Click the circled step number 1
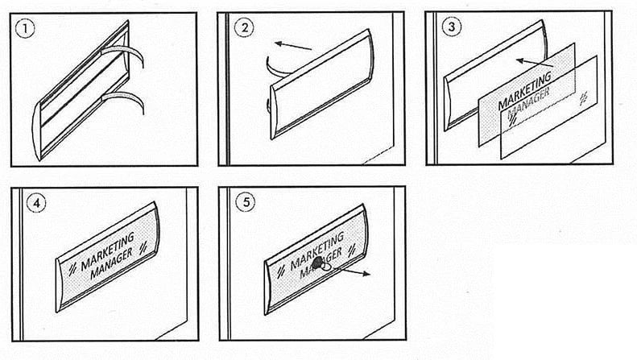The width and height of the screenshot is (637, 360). coord(25,29)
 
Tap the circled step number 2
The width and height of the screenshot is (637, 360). coord(244,27)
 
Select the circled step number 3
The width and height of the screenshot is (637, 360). coord(451,27)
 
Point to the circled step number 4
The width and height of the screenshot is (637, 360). coord(36,203)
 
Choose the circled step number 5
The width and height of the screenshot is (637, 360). coord(246,202)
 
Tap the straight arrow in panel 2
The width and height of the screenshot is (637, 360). coord(293,46)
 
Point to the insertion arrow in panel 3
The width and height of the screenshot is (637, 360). coord(535,63)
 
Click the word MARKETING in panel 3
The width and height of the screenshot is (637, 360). coord(524,90)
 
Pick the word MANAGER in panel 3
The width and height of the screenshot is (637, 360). coord(528,103)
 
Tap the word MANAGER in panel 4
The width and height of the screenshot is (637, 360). coord(111,263)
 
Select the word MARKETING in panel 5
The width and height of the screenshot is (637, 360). coord(316,251)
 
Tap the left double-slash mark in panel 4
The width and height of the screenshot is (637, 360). coord(72,268)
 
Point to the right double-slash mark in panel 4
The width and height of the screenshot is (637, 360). coord(143,246)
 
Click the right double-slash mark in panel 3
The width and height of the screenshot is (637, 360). coord(583,98)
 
